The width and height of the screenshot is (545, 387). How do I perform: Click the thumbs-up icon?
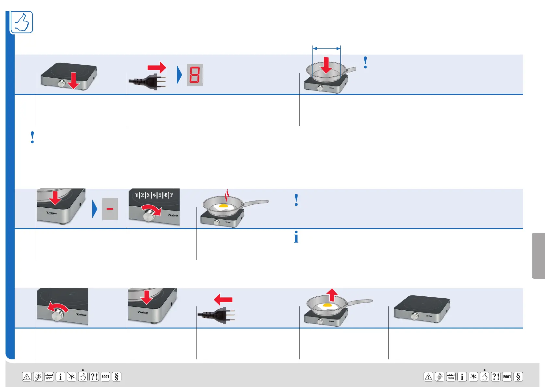pyautogui.click(x=22, y=22)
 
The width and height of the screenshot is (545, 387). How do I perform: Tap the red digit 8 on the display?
pyautogui.click(x=195, y=75)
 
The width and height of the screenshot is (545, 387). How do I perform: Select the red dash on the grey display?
pyautogui.click(x=110, y=209)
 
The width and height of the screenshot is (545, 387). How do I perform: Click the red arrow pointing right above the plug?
pyautogui.click(x=157, y=68)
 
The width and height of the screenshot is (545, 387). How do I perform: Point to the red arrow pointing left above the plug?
pyautogui.click(x=223, y=299)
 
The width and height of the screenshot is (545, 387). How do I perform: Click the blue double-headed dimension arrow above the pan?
pyautogui.click(x=326, y=48)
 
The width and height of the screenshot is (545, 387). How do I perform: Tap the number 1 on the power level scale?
pyautogui.click(x=137, y=195)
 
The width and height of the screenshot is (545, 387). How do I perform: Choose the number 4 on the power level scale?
pyautogui.click(x=154, y=195)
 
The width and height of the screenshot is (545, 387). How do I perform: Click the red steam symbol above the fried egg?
pyautogui.click(x=227, y=195)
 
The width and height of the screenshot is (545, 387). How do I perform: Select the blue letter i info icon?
pyautogui.click(x=296, y=237)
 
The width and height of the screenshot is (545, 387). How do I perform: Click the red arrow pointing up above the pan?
pyautogui.click(x=332, y=295)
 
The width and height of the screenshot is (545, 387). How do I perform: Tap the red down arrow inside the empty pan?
pyautogui.click(x=326, y=65)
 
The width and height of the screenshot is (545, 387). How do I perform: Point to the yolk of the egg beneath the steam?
pyautogui.click(x=223, y=206)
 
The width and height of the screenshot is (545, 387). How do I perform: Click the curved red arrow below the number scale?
pyautogui.click(x=152, y=209)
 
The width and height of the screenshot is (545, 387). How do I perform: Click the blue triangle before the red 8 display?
pyautogui.click(x=179, y=75)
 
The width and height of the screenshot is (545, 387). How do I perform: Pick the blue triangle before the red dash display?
pyautogui.click(x=95, y=209)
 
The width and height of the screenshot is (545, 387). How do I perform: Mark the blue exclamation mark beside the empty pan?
pyautogui.click(x=365, y=62)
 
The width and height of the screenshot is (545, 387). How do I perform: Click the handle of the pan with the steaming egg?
pyautogui.click(x=257, y=203)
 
